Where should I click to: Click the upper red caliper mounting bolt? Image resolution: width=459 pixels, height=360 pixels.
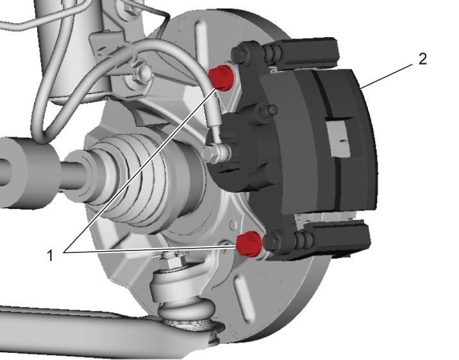point(221,78)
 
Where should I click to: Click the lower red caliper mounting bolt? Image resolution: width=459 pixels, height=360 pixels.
point(249,243)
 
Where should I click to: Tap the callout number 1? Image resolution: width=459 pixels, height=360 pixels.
point(51,256)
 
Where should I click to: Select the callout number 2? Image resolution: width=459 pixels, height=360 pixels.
point(422,60)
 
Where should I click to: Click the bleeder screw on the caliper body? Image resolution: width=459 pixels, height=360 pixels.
point(269,110)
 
